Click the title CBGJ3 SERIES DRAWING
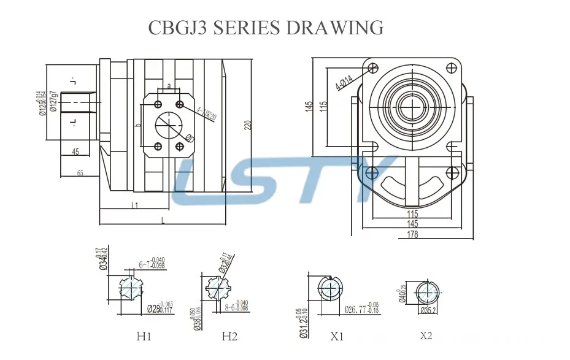point(266,27)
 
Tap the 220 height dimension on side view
point(248,124)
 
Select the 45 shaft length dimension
point(75,151)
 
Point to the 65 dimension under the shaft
point(80,173)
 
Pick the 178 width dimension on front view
point(412,236)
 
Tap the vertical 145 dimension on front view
point(309,105)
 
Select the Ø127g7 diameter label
point(54,102)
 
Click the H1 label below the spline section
point(143,336)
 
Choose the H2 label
point(229,336)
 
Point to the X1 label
point(337,336)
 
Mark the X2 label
point(426,335)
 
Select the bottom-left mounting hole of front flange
point(371,174)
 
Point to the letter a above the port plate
point(169,86)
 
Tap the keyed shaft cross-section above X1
point(332,288)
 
